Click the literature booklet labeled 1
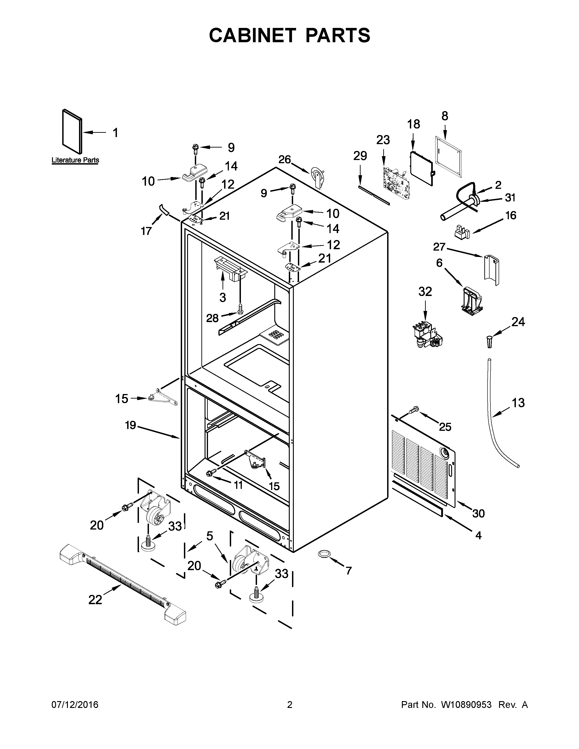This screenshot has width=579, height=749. (x=72, y=131)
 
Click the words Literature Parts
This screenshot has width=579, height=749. (x=75, y=160)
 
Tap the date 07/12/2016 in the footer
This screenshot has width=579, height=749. (x=75, y=705)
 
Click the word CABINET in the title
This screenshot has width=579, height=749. (x=252, y=35)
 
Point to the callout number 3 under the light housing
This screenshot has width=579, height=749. (x=223, y=297)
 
